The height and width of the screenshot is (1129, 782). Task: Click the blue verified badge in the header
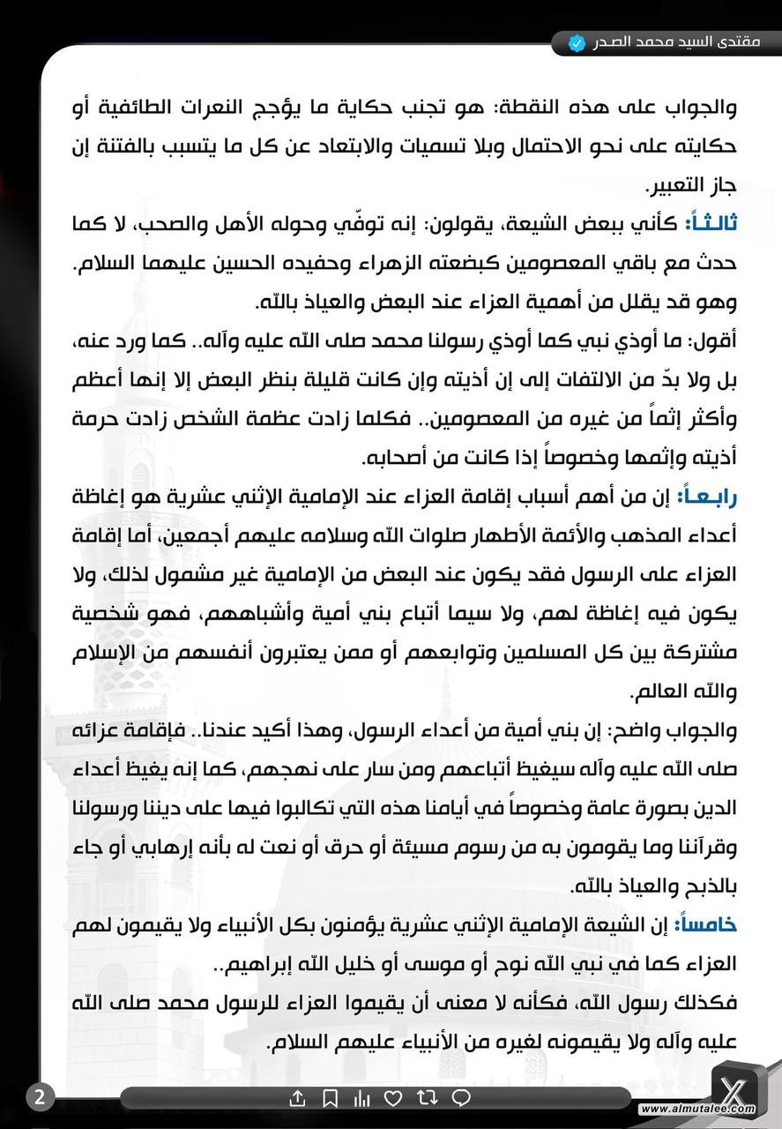point(577,42)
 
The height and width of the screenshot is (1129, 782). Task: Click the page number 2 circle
point(39,1098)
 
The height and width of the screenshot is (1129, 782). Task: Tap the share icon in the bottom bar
point(297,1099)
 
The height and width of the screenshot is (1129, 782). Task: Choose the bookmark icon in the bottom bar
point(330,1099)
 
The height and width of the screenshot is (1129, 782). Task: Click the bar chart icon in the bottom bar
point(361,1099)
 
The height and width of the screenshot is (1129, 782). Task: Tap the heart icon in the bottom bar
point(394,1099)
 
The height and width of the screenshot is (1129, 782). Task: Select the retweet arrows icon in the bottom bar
point(427,1099)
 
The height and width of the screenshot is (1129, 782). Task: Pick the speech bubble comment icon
point(460,1099)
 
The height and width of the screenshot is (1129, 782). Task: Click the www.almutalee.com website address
point(697,1110)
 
